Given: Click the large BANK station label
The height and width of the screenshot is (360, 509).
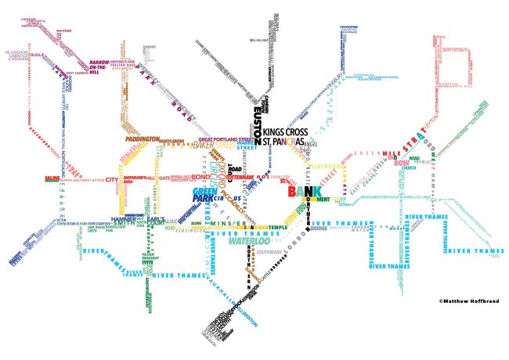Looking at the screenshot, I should click(x=304, y=191).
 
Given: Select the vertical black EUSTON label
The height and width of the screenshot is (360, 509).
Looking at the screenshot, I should click(x=258, y=123).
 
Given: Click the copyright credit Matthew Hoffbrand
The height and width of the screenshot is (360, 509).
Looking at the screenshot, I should click(x=468, y=300).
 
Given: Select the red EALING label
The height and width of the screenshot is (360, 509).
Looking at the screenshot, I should click(x=52, y=178).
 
